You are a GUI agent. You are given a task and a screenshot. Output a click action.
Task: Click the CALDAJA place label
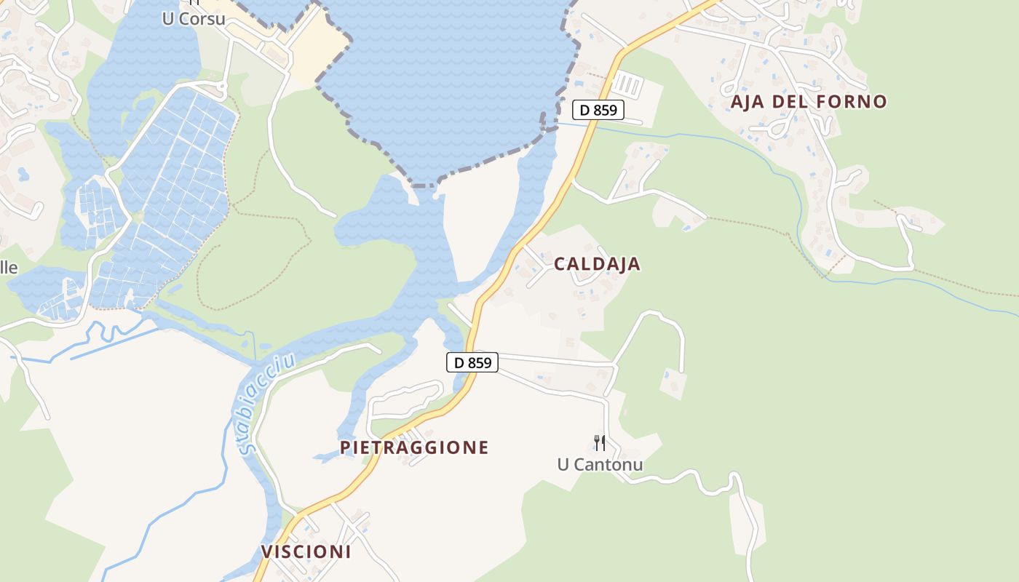(x=597, y=264)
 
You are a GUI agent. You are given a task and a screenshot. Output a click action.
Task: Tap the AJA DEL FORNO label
(x=809, y=102)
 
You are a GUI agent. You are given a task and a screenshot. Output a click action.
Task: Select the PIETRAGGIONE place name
(x=414, y=447)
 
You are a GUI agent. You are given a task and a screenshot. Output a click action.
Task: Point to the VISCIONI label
(x=306, y=551)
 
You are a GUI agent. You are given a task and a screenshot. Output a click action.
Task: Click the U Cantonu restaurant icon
(x=600, y=442)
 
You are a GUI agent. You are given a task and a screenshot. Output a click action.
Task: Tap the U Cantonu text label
(x=600, y=464)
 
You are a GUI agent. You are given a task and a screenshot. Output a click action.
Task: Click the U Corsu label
(x=194, y=19)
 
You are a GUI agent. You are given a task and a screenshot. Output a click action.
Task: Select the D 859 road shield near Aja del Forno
(x=598, y=111)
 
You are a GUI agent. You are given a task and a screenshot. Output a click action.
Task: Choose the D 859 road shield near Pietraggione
(x=472, y=362)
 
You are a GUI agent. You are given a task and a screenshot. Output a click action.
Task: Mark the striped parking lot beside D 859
(x=627, y=86)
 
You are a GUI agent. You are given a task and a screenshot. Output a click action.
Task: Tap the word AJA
(x=747, y=102)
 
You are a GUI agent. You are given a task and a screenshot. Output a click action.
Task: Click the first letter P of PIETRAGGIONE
(x=345, y=447)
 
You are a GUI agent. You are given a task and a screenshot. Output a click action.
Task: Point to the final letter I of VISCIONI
(x=348, y=551)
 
